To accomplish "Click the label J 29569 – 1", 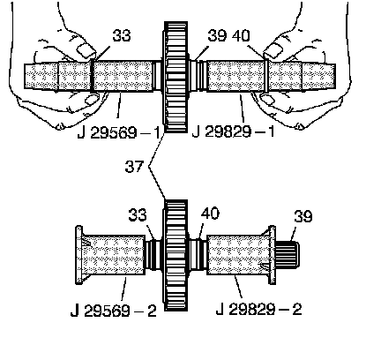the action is [x=118, y=133].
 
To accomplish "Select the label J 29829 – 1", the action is [x=233, y=131].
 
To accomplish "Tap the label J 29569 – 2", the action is [x=114, y=311].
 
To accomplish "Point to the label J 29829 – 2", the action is [x=258, y=309].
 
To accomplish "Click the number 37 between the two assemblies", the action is [x=134, y=167].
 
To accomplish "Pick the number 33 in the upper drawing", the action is [x=122, y=35].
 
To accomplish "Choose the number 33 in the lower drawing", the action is [x=138, y=214].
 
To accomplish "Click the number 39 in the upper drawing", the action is [x=217, y=35].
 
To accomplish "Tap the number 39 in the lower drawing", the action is [x=303, y=216].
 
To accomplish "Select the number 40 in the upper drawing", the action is [x=241, y=35].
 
